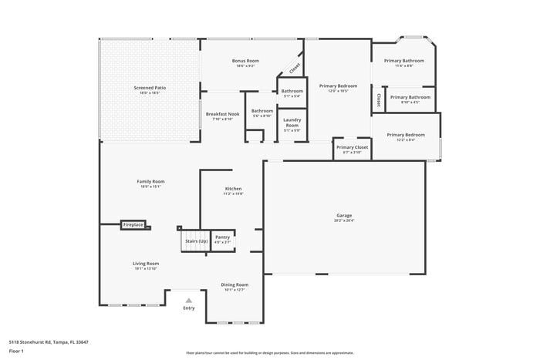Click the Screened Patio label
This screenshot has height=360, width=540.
150,88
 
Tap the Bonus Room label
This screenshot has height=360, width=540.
245,60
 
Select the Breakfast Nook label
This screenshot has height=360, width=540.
222,114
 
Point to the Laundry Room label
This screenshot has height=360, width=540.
292,122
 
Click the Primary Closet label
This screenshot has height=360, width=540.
352,146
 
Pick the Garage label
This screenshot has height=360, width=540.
344,215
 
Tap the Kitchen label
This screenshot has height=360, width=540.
233,189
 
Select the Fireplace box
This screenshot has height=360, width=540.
133,225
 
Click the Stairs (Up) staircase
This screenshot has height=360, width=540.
195,241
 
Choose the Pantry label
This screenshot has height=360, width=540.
222,237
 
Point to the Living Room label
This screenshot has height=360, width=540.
146,264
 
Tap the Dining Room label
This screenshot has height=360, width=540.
235,284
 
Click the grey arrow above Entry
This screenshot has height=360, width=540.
189,300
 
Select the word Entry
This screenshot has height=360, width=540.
189,308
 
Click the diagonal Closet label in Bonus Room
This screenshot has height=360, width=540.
295,68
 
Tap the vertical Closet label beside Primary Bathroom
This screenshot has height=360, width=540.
378,99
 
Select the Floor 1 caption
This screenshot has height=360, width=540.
16,351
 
